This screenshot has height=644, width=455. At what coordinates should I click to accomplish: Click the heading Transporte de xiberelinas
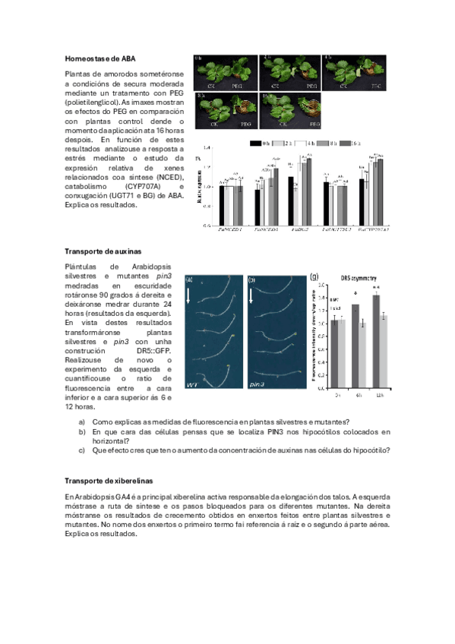(109, 481)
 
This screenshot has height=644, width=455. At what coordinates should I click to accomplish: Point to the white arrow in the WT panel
(191, 295)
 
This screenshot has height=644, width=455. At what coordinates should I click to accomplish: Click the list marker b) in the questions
(82, 431)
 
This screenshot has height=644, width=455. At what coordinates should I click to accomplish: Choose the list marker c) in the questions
(82, 450)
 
